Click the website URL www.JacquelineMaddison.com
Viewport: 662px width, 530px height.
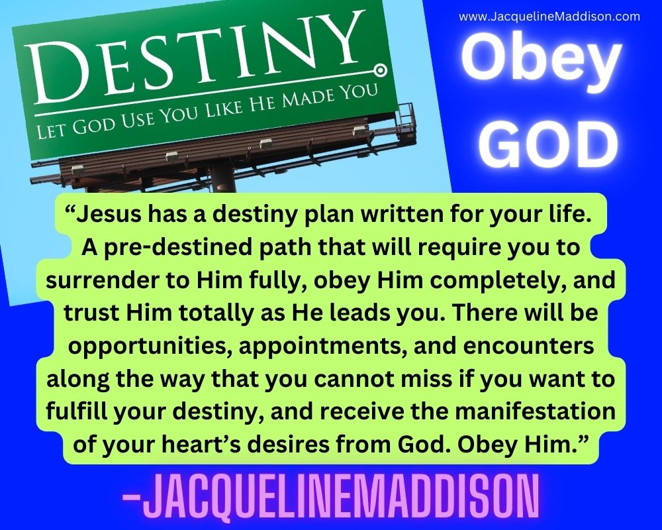pos(549,17)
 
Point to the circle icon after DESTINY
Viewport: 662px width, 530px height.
pos(380,69)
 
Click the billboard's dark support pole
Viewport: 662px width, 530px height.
pos(223,180)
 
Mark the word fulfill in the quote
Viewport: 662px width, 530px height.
pos(76,411)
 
